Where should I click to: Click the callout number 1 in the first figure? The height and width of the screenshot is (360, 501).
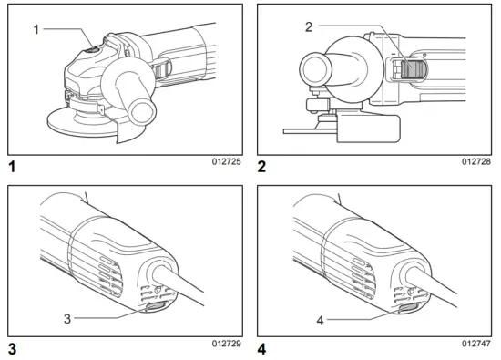pos(36,29)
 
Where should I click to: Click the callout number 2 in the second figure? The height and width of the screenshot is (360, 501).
pos(309,26)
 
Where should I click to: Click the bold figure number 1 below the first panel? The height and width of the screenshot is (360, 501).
pos(12,168)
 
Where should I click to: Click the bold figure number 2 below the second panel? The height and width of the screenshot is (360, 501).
pos(262,168)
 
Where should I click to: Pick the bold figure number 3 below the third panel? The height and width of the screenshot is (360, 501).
pos(12,349)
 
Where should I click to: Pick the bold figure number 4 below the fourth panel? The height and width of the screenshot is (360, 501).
pos(262,349)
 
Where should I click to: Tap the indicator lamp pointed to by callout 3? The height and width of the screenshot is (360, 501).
pos(150,313)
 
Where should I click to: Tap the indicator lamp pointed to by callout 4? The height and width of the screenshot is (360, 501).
pos(402,313)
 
